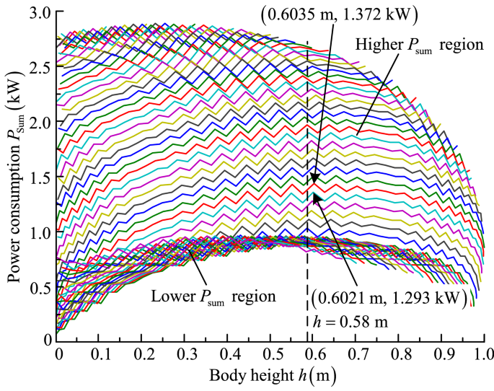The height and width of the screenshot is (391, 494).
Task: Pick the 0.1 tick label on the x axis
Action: (x=100, y=356)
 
